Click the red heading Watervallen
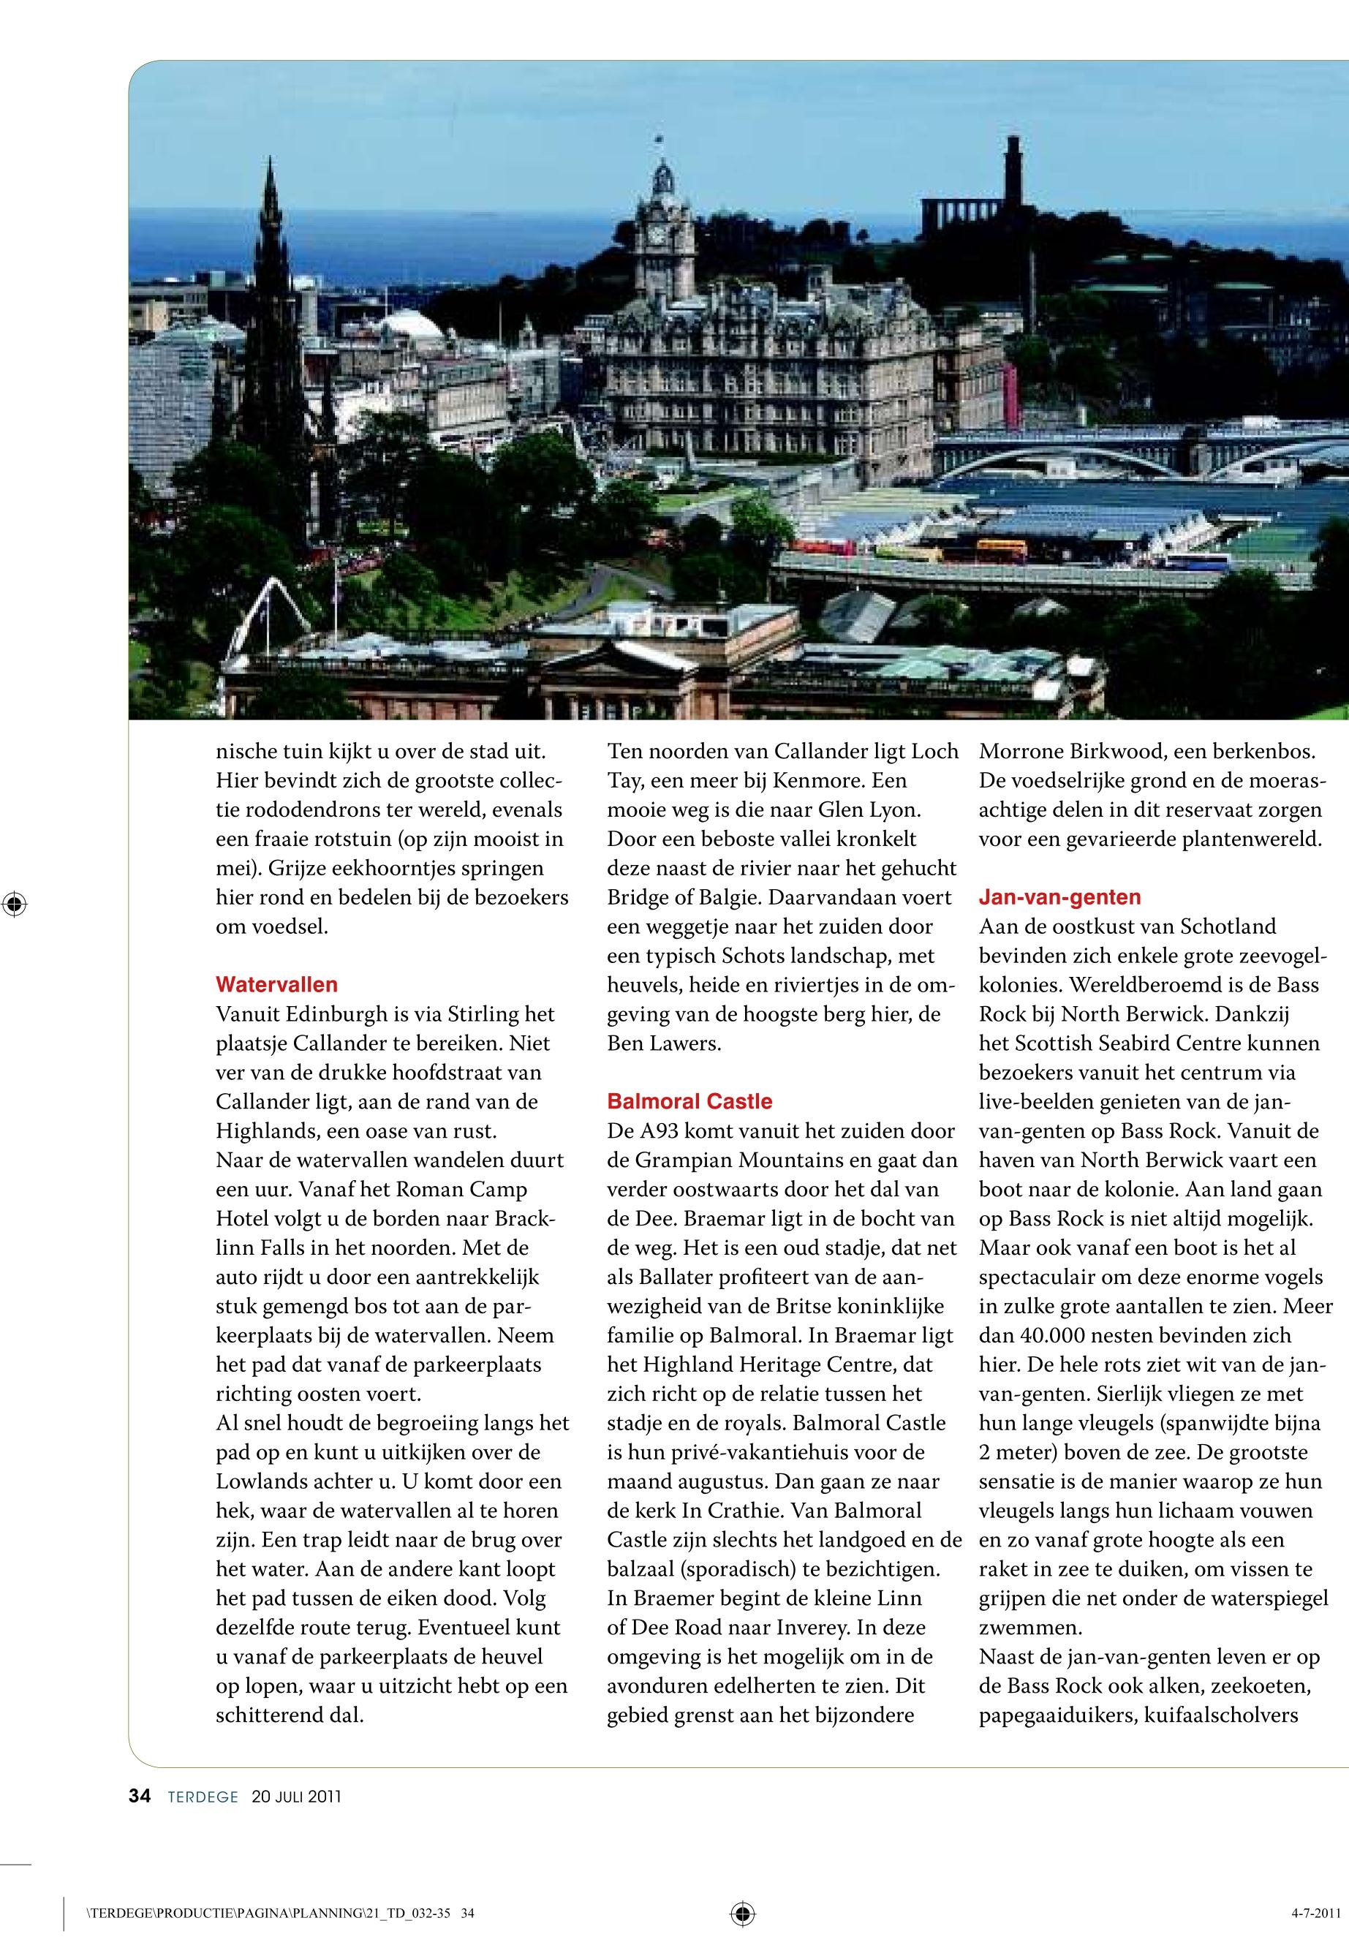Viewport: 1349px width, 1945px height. click(x=276, y=984)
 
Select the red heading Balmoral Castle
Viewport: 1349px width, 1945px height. click(x=689, y=1100)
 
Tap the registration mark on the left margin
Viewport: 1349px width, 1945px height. click(x=15, y=904)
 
